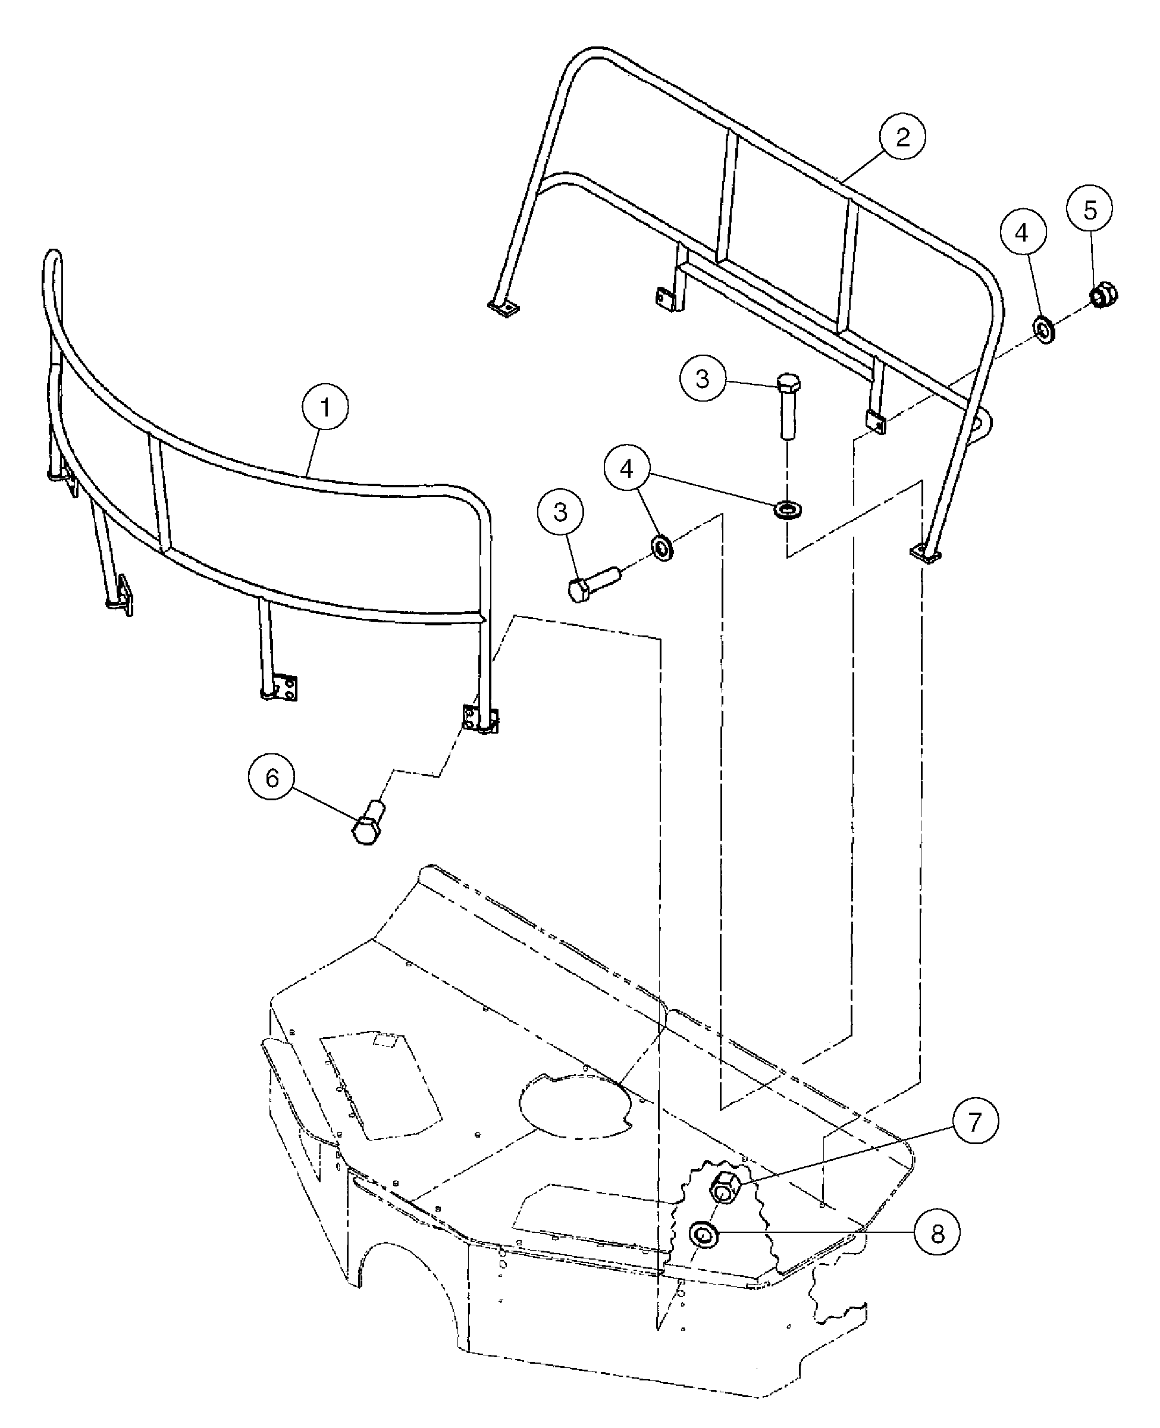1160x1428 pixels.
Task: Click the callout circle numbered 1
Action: point(325,407)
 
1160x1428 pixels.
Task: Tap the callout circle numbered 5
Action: point(1090,211)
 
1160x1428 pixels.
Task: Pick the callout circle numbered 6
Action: point(272,778)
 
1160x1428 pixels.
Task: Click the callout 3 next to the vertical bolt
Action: point(703,379)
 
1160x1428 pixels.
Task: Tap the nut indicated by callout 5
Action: point(1105,294)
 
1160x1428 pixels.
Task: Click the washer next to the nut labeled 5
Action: point(1044,330)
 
